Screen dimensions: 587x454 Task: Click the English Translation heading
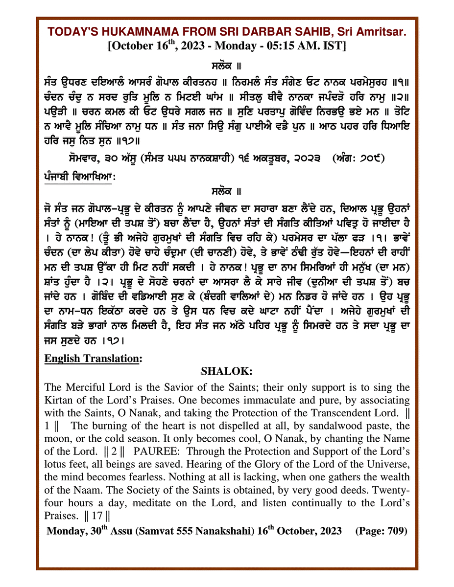click(93, 359)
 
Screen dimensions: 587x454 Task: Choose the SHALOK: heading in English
click(227, 372)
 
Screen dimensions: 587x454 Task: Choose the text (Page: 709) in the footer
click(381, 531)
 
